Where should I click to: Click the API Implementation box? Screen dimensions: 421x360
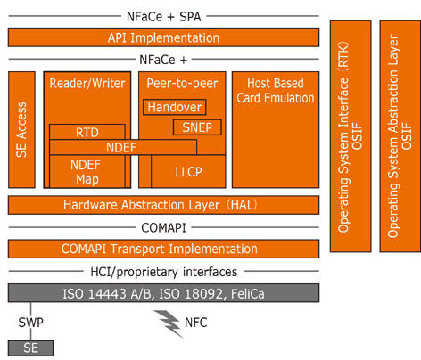(x=163, y=37)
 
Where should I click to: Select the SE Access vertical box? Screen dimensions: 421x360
(x=21, y=129)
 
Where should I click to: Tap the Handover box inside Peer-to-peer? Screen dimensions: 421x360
(x=175, y=107)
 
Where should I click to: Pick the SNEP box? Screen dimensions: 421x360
(x=197, y=127)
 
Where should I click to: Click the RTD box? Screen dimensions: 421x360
(x=87, y=132)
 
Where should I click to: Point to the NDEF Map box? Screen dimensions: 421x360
(x=87, y=171)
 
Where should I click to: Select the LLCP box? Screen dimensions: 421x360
(x=188, y=171)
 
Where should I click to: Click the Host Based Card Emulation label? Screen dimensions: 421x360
(x=276, y=91)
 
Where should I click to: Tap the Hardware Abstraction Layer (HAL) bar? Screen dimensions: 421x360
(x=163, y=205)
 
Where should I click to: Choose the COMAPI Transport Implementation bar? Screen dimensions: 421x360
(x=163, y=249)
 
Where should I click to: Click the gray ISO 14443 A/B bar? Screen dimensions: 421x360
(x=163, y=293)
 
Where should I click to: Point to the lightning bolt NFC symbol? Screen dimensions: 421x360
(x=169, y=323)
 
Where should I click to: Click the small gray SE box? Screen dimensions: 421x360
(x=30, y=348)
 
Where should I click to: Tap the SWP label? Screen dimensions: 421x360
(x=30, y=323)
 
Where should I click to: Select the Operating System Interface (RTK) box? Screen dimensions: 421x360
(x=351, y=136)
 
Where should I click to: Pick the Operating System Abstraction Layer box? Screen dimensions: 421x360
(x=400, y=136)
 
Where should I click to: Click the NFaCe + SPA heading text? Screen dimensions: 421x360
(x=163, y=17)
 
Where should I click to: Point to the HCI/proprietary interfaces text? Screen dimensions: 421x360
(x=164, y=272)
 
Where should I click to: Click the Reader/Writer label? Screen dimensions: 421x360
(x=87, y=84)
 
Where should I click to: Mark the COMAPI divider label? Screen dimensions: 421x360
(x=163, y=228)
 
